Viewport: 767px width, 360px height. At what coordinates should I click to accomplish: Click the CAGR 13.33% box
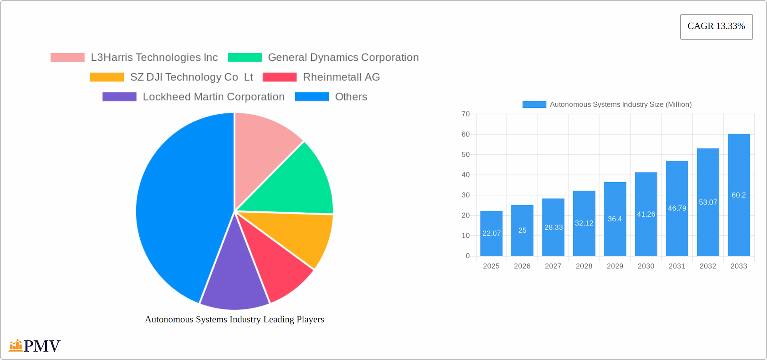(716, 27)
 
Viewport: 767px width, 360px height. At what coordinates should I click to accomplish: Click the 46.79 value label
(677, 208)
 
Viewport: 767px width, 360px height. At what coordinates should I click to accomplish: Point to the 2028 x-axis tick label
(584, 266)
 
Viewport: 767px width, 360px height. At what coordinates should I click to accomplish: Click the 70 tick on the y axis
(465, 114)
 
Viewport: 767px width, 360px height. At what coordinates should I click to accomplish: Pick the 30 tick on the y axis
(465, 195)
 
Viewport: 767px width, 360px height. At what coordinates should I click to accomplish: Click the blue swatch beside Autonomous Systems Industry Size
(534, 104)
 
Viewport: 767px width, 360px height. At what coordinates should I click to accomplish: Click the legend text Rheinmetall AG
(341, 77)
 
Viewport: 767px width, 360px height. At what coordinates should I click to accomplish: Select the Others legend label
(351, 97)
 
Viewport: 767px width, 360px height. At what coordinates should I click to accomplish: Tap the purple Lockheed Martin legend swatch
(119, 97)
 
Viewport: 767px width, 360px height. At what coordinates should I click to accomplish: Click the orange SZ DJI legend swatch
(107, 77)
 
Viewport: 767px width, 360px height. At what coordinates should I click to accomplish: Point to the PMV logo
(35, 346)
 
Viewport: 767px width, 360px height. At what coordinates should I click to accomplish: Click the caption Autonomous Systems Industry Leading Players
(234, 319)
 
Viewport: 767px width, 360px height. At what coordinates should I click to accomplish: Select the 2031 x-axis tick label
(677, 266)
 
